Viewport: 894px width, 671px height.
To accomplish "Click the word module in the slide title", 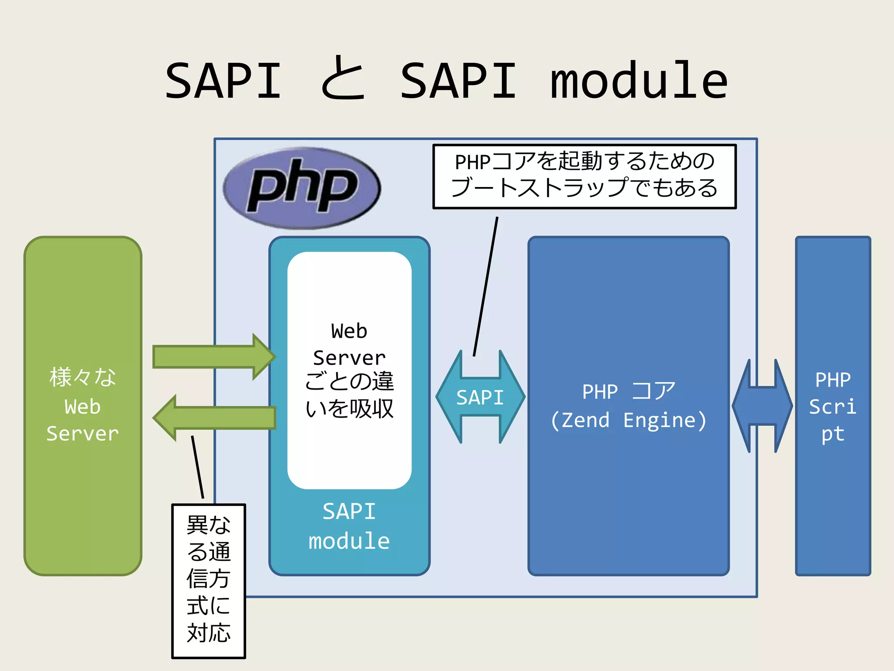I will [638, 81].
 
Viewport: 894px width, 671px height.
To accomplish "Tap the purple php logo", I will [302, 188].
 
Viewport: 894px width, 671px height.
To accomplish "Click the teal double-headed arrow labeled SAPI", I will [480, 397].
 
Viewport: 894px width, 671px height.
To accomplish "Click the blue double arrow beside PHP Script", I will [762, 405].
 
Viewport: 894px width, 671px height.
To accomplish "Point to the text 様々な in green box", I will [83, 377].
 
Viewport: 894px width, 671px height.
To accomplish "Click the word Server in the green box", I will [83, 434].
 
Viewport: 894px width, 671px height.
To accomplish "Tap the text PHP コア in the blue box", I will [629, 391].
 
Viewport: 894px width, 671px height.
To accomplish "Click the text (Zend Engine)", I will [629, 420].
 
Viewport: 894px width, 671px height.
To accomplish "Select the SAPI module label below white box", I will [349, 526].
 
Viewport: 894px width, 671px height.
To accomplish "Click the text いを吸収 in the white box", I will [349, 409].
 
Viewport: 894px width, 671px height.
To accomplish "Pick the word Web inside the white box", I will [349, 331].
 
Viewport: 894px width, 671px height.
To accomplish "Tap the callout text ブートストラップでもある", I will [584, 188].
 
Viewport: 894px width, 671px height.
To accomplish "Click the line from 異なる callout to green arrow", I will [197, 467].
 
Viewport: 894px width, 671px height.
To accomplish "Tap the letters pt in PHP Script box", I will [832, 434].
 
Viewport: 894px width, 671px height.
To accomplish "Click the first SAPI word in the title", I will [223, 81].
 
